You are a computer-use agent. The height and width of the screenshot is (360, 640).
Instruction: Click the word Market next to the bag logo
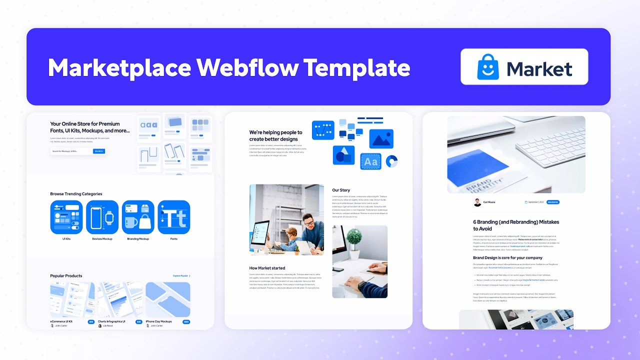click(x=539, y=68)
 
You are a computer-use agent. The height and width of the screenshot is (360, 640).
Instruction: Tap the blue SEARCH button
click(x=99, y=151)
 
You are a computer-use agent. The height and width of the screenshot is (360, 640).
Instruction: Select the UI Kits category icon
click(x=66, y=217)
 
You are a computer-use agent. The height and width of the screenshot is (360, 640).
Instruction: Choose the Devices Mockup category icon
click(x=102, y=217)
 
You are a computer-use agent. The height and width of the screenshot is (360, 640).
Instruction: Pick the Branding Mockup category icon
click(x=138, y=217)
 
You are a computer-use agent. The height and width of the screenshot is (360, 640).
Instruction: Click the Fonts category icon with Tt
click(x=174, y=217)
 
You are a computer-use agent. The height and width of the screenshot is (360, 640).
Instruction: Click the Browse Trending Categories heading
click(x=76, y=194)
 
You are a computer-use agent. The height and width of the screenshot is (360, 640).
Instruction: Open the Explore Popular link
click(x=181, y=276)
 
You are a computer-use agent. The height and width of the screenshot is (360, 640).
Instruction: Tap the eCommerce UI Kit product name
click(x=61, y=321)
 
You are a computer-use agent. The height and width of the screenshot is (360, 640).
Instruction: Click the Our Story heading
click(x=341, y=190)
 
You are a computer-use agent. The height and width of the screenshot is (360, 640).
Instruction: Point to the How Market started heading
click(x=267, y=268)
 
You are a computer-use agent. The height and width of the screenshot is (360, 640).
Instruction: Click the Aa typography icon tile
click(x=370, y=161)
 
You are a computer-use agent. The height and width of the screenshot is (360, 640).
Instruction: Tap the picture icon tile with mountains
click(x=381, y=139)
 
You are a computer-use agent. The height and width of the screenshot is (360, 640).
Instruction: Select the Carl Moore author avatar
click(x=477, y=202)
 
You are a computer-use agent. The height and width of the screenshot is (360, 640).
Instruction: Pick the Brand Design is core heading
click(x=507, y=258)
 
